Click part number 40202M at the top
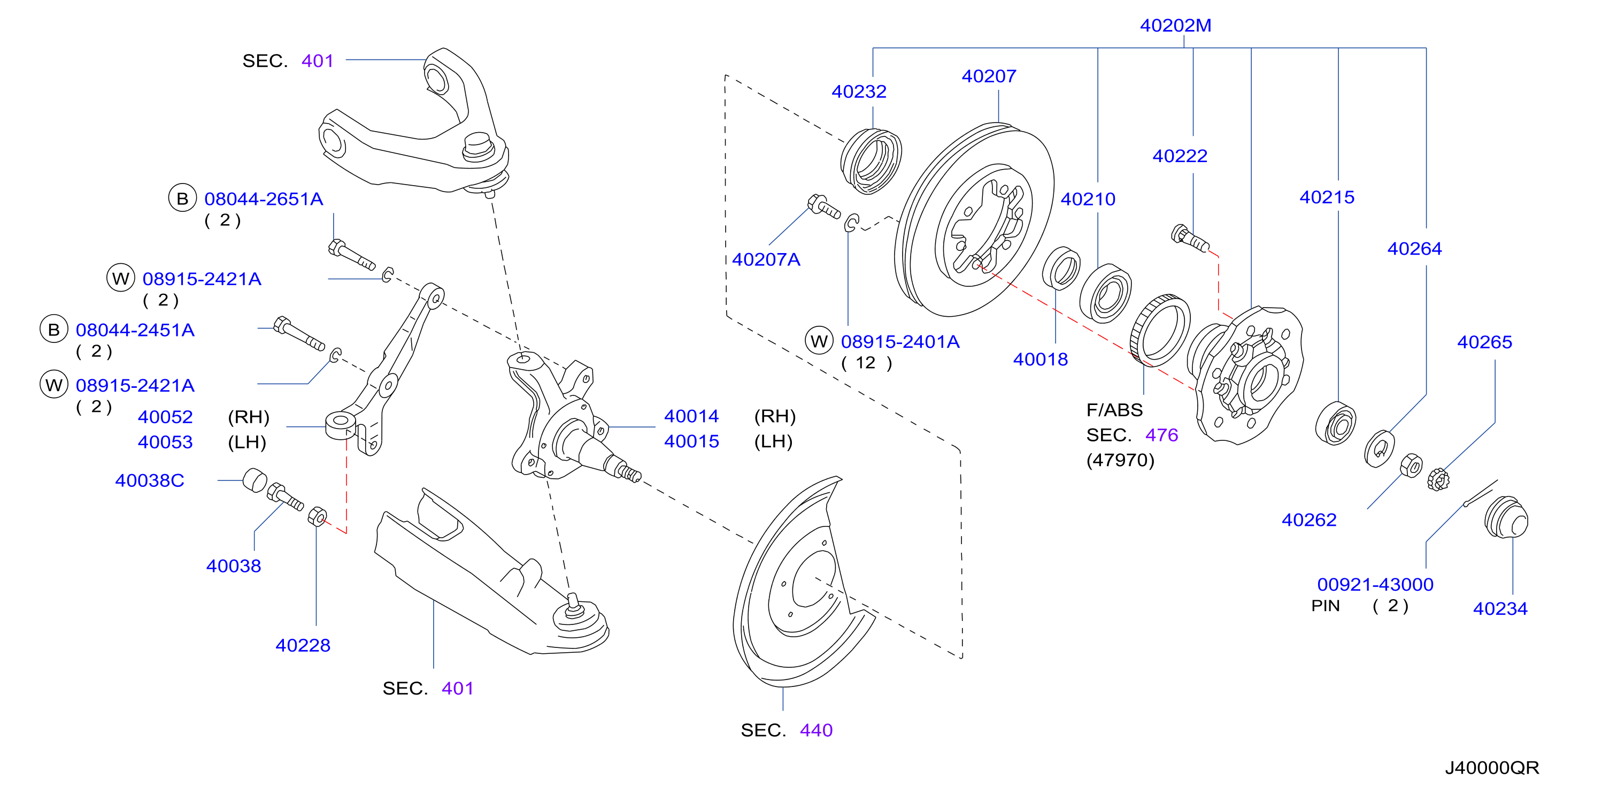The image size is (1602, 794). [x=1175, y=26]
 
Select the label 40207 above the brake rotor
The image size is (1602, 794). [x=989, y=76]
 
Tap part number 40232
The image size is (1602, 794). [x=859, y=91]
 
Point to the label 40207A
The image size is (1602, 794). [x=766, y=259]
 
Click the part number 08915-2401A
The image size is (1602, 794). [x=900, y=341]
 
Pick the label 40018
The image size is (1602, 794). [x=1041, y=360]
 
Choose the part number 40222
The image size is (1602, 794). [x=1180, y=156]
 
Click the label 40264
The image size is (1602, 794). [x=1414, y=249]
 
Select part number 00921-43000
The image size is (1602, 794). [x=1375, y=585]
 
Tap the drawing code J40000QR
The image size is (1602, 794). [x=1492, y=768]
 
